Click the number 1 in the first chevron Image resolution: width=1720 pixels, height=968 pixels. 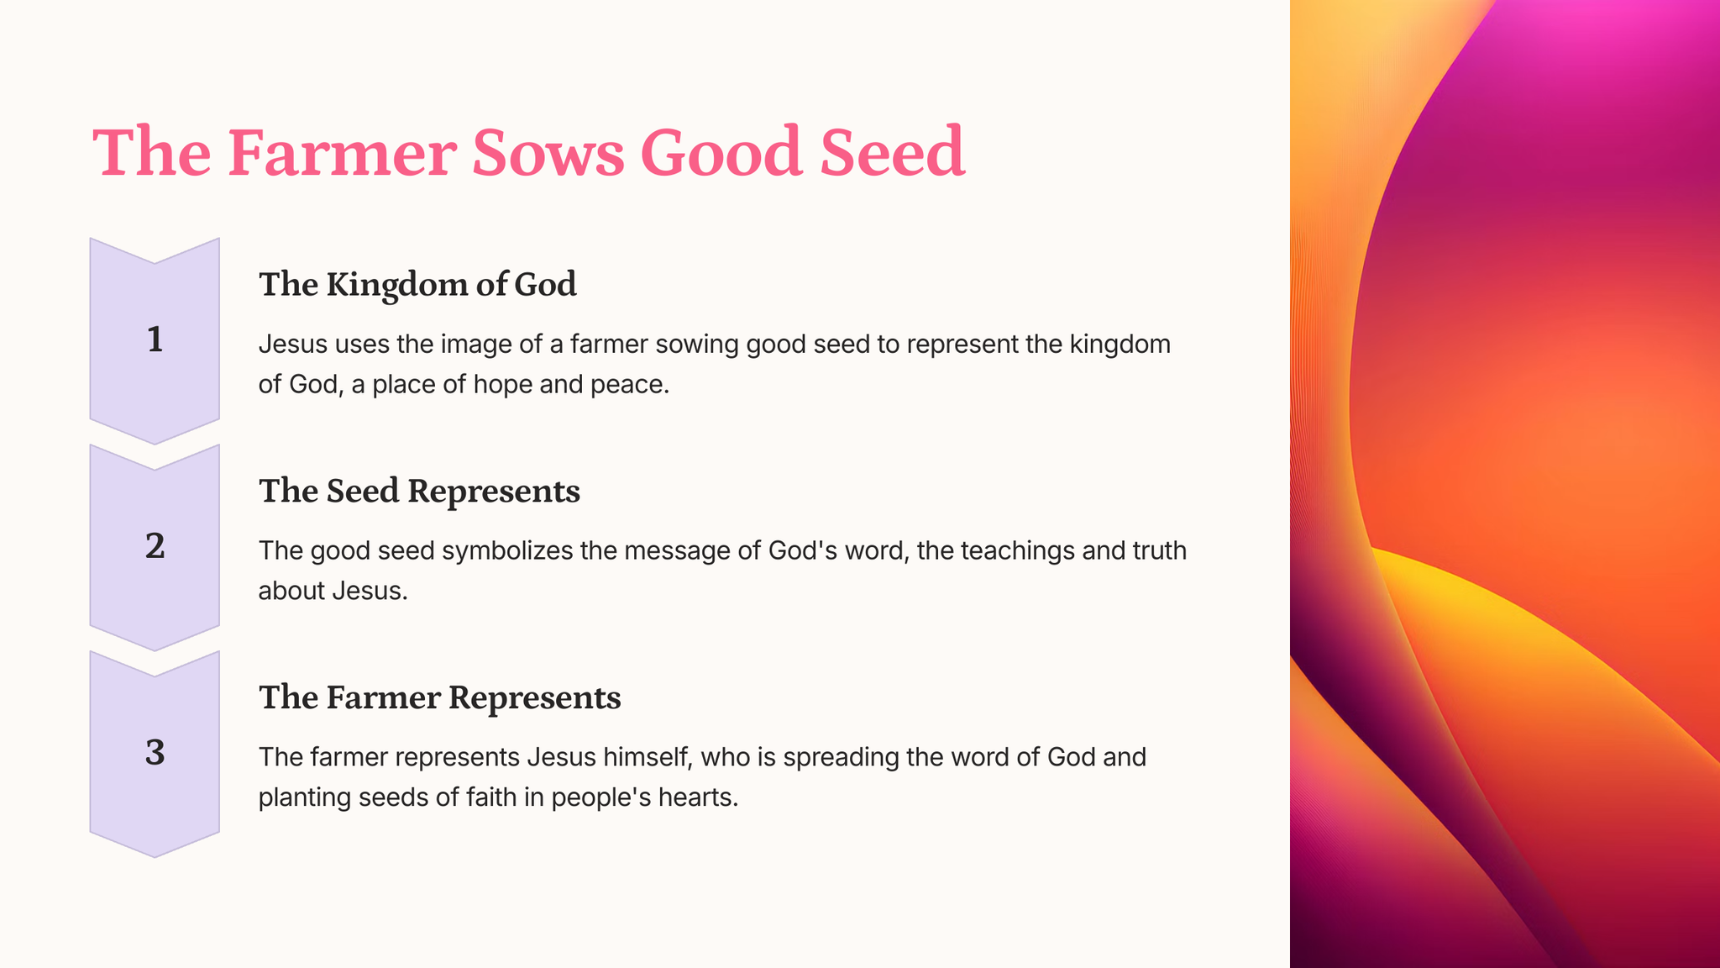[x=155, y=339]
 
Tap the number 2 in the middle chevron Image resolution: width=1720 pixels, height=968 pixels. [x=155, y=546]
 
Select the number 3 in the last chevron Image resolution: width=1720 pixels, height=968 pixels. [x=155, y=753]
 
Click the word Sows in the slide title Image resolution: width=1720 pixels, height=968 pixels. [x=548, y=153]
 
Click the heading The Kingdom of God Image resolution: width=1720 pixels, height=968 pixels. [x=417, y=284]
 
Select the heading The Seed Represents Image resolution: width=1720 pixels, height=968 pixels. [x=419, y=491]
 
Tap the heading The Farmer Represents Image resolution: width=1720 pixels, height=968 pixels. [x=439, y=697]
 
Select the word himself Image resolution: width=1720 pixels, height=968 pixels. [x=643, y=757]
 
